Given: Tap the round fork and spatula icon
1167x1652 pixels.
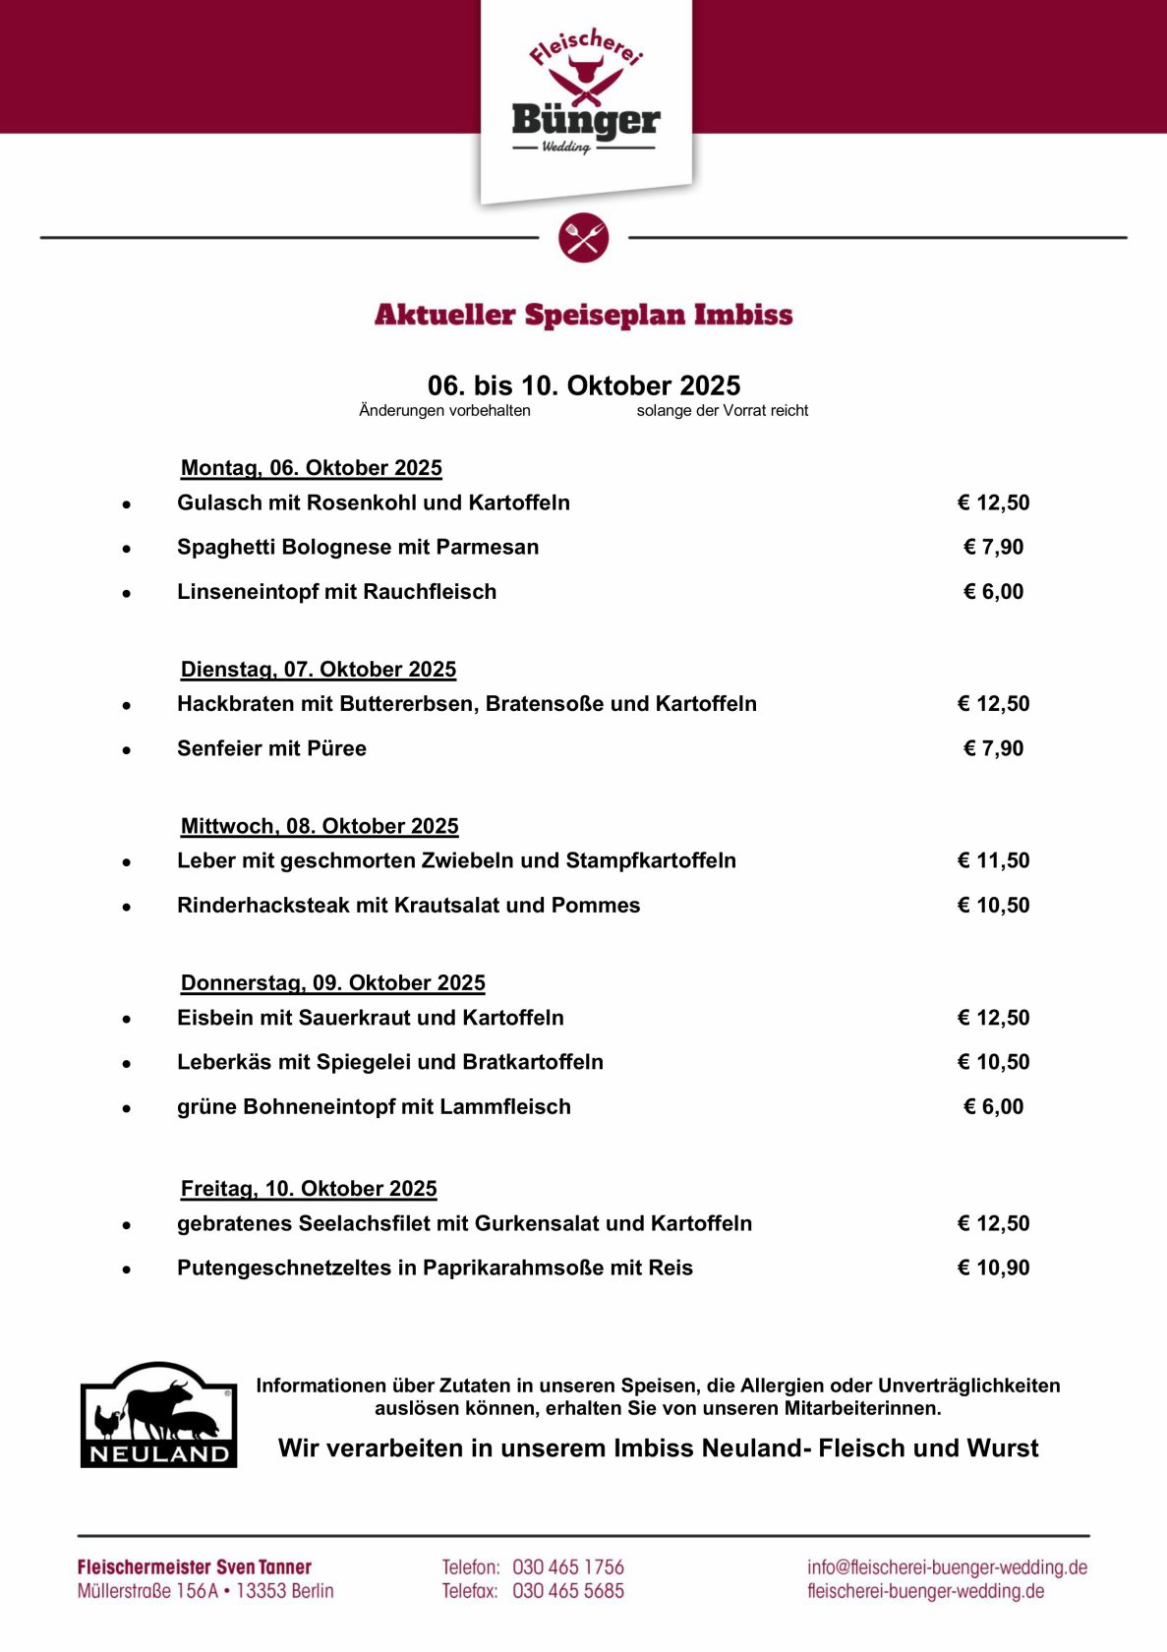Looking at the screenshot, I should (584, 238).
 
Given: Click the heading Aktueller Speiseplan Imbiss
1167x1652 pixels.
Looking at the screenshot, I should (583, 315).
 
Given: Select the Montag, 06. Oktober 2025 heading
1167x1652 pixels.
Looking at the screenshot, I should (311, 468).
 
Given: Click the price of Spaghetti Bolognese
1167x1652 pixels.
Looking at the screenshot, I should (993, 547).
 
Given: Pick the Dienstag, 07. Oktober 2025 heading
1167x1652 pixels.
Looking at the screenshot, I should (318, 670).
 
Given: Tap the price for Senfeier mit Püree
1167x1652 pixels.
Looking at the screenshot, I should (993, 748).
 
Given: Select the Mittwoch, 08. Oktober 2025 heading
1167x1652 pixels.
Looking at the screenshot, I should (320, 826).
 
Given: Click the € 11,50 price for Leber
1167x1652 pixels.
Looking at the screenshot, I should (993, 860).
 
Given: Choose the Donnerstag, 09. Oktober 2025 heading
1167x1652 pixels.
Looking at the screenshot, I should (332, 983).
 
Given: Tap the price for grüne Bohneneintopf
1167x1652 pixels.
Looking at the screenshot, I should (993, 1107).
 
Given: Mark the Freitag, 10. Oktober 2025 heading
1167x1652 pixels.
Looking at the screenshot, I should (309, 1189).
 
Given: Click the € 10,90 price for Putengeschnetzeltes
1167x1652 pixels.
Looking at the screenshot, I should (993, 1268).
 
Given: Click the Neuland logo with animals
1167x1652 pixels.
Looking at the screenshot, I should (158, 1415).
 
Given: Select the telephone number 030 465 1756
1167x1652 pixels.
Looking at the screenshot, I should (568, 1567).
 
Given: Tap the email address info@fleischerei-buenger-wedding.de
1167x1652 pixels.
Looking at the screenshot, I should (947, 1567).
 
